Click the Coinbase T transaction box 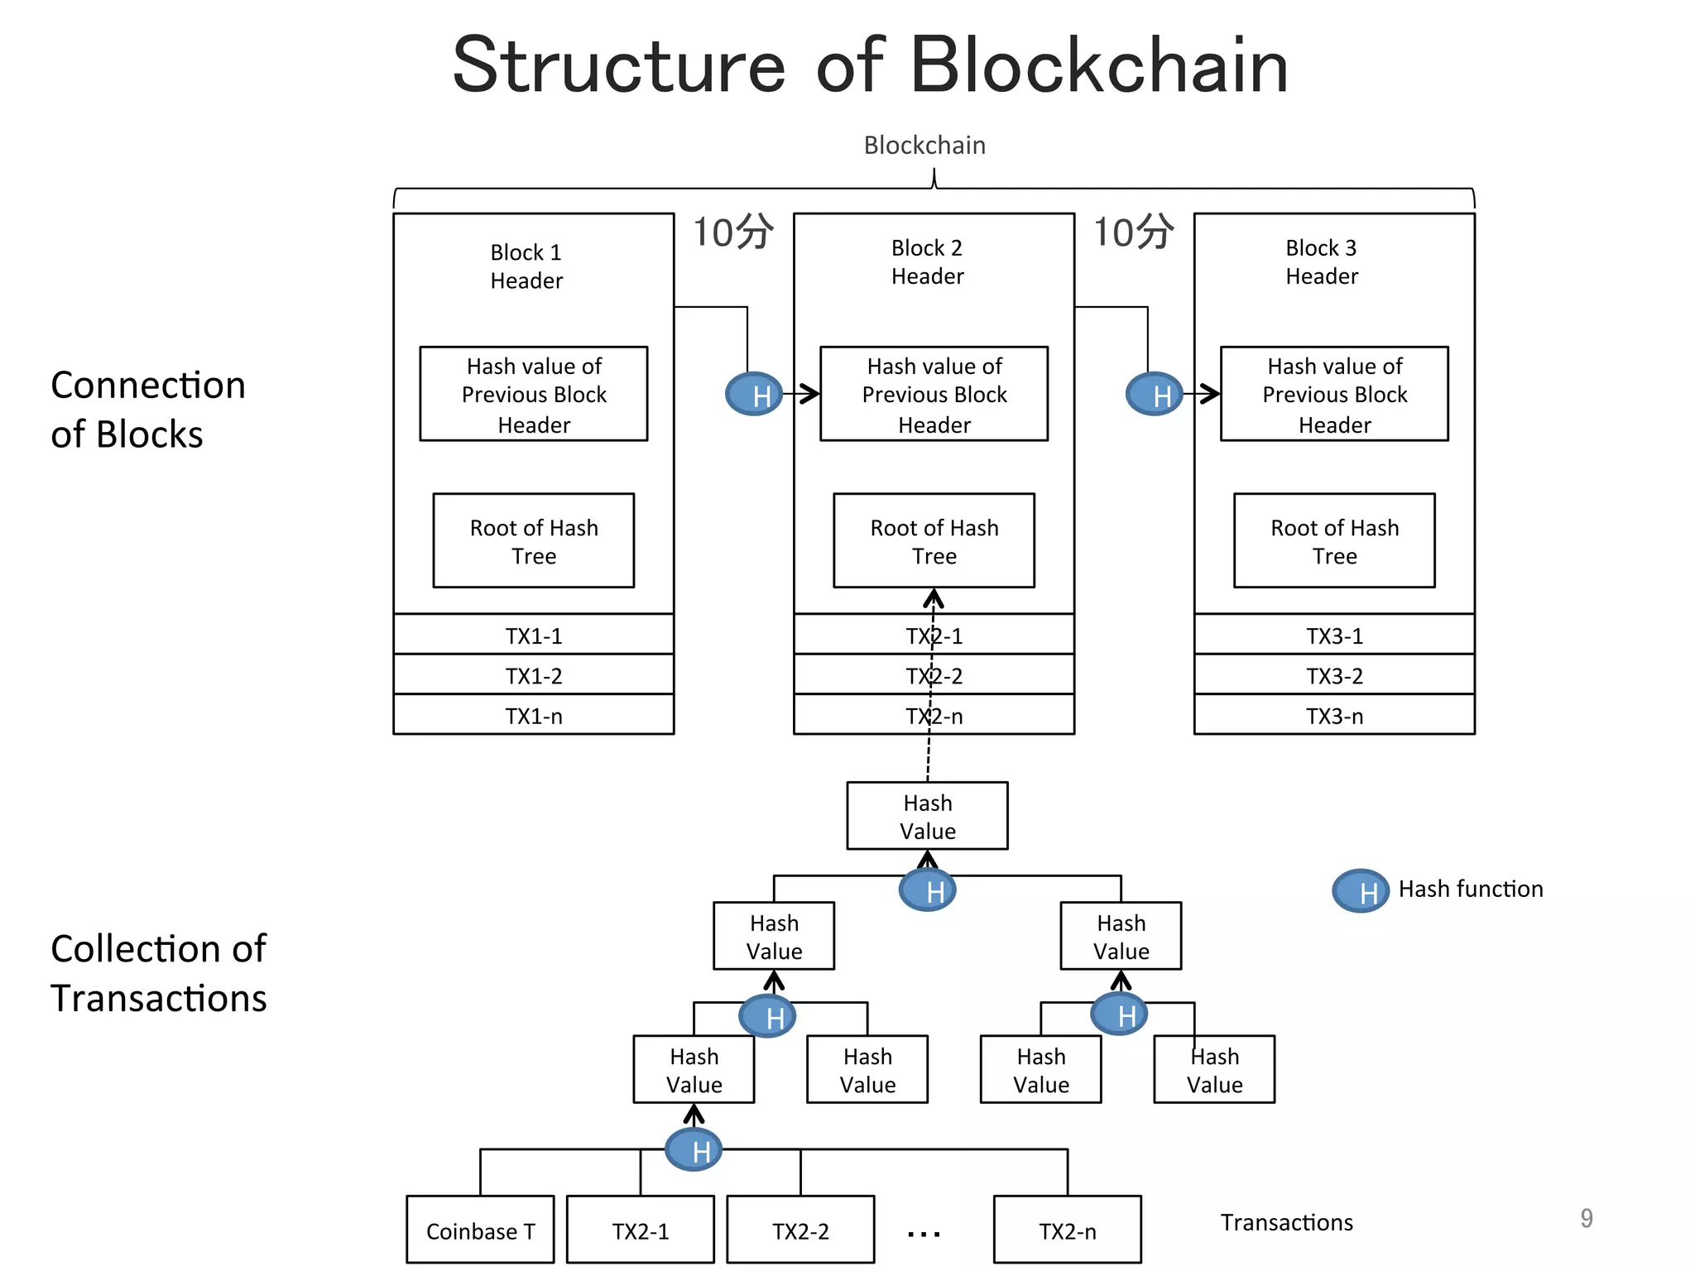(x=480, y=1230)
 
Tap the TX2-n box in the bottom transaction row (x=1067, y=1230)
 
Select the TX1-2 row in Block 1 (x=534, y=675)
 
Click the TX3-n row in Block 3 (x=1334, y=715)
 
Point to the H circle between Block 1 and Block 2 (x=754, y=395)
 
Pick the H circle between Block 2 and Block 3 (x=1155, y=395)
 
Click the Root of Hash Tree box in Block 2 (x=934, y=541)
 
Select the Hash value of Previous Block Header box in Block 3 (x=1334, y=394)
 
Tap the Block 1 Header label (x=526, y=266)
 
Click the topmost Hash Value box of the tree (x=927, y=816)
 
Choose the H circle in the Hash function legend (x=1361, y=891)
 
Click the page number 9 (x=1586, y=1218)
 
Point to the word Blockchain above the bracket (x=924, y=146)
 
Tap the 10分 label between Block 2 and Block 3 (x=1133, y=232)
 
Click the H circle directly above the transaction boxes (x=694, y=1150)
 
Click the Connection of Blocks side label (x=147, y=410)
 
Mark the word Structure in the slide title (x=619, y=66)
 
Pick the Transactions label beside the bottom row (x=1286, y=1222)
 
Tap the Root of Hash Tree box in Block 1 (x=534, y=541)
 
